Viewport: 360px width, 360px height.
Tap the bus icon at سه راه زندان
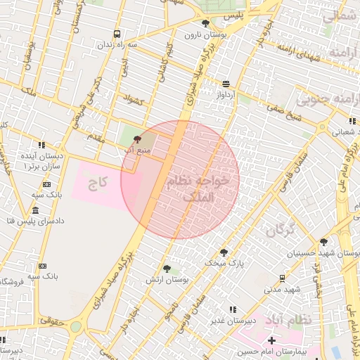click(117, 33)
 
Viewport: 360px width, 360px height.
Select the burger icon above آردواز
click(226, 83)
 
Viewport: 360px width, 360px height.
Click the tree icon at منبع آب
click(136, 130)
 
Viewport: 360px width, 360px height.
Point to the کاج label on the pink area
click(97, 184)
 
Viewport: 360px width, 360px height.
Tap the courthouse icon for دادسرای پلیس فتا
click(36, 211)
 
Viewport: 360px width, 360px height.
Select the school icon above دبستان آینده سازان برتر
click(42, 144)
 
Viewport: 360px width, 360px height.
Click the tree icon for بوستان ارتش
click(167, 269)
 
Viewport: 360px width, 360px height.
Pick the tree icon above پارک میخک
click(224, 252)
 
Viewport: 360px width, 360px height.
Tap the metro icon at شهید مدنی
click(282, 278)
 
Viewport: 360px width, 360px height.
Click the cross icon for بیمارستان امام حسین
click(271, 340)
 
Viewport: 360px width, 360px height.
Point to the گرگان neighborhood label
click(281, 228)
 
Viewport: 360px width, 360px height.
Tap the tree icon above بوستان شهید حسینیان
click(323, 241)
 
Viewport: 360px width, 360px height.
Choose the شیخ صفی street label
click(279, 109)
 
